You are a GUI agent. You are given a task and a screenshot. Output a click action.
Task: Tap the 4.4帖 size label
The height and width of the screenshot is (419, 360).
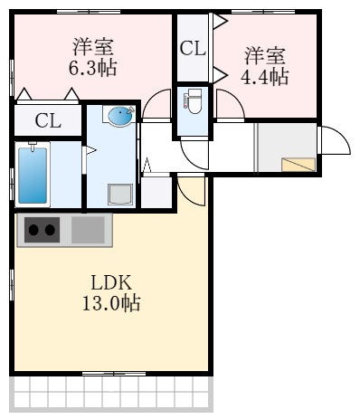point(264,76)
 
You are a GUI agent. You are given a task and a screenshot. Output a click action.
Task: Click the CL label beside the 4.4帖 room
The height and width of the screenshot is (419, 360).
point(192,50)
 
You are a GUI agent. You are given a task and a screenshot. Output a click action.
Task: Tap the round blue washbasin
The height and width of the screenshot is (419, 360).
point(119,116)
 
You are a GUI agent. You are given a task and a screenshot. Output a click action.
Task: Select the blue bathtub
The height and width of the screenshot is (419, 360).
point(33,174)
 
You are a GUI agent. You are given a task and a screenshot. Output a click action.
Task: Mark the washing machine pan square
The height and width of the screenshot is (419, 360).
point(120,193)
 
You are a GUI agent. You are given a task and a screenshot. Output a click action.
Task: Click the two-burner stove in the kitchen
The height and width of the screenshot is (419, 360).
point(41,230)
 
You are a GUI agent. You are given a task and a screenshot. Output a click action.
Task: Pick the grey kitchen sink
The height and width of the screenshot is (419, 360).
point(89,230)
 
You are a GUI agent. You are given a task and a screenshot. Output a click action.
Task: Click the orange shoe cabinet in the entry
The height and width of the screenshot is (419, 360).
point(299,164)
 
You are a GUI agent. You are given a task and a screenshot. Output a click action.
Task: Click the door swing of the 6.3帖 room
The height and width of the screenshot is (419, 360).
point(157,106)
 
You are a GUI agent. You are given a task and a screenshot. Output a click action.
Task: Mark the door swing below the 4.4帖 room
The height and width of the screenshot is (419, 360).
point(229,106)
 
